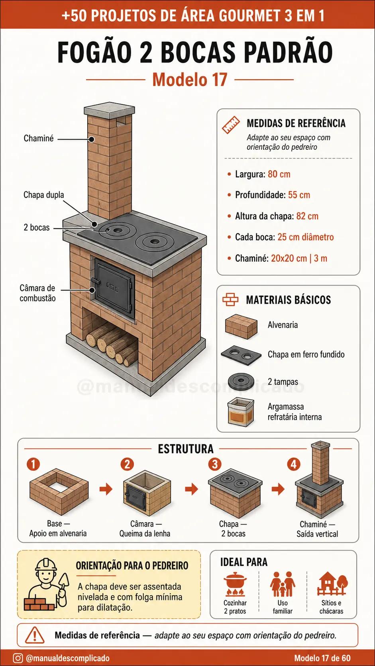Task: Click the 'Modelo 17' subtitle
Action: coord(190,80)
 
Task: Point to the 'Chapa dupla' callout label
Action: coord(44,195)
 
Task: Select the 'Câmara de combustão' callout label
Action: coord(37,293)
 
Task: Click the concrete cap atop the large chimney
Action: coord(110,111)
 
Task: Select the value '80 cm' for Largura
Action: coord(279,174)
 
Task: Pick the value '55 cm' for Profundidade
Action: coord(299,195)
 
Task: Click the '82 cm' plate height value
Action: coord(307,216)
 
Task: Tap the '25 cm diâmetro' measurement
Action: coord(305,237)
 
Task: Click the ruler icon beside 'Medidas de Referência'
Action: coord(231,125)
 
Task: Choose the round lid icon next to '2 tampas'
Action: coord(241,381)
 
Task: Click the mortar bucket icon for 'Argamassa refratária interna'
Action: coord(241,412)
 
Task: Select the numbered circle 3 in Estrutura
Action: coord(215,464)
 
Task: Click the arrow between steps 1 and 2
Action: coord(106,489)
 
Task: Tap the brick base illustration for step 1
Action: coord(59,492)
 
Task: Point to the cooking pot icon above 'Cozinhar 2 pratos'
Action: coord(235,584)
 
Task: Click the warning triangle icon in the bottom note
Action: coord(35,635)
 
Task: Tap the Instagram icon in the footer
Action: coord(18,658)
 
